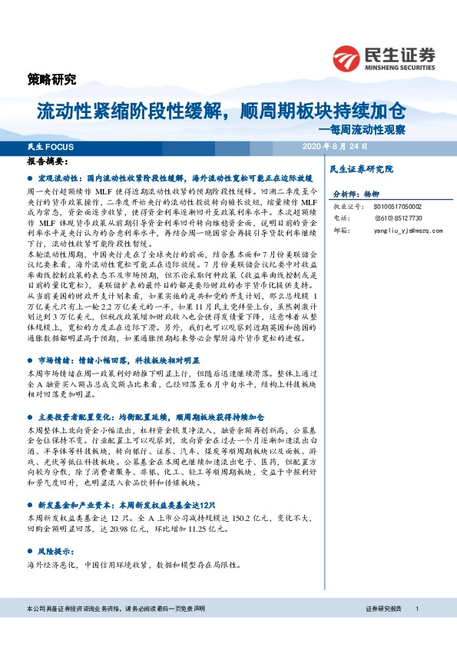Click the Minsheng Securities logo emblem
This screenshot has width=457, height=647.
click(x=346, y=56)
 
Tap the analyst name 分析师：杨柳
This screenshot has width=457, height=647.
click(x=352, y=194)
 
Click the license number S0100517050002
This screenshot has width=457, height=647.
click(x=386, y=207)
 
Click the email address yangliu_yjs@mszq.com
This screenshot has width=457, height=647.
click(x=392, y=230)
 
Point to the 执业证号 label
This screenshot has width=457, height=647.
click(x=344, y=207)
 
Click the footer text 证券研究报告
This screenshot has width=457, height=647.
click(x=384, y=630)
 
